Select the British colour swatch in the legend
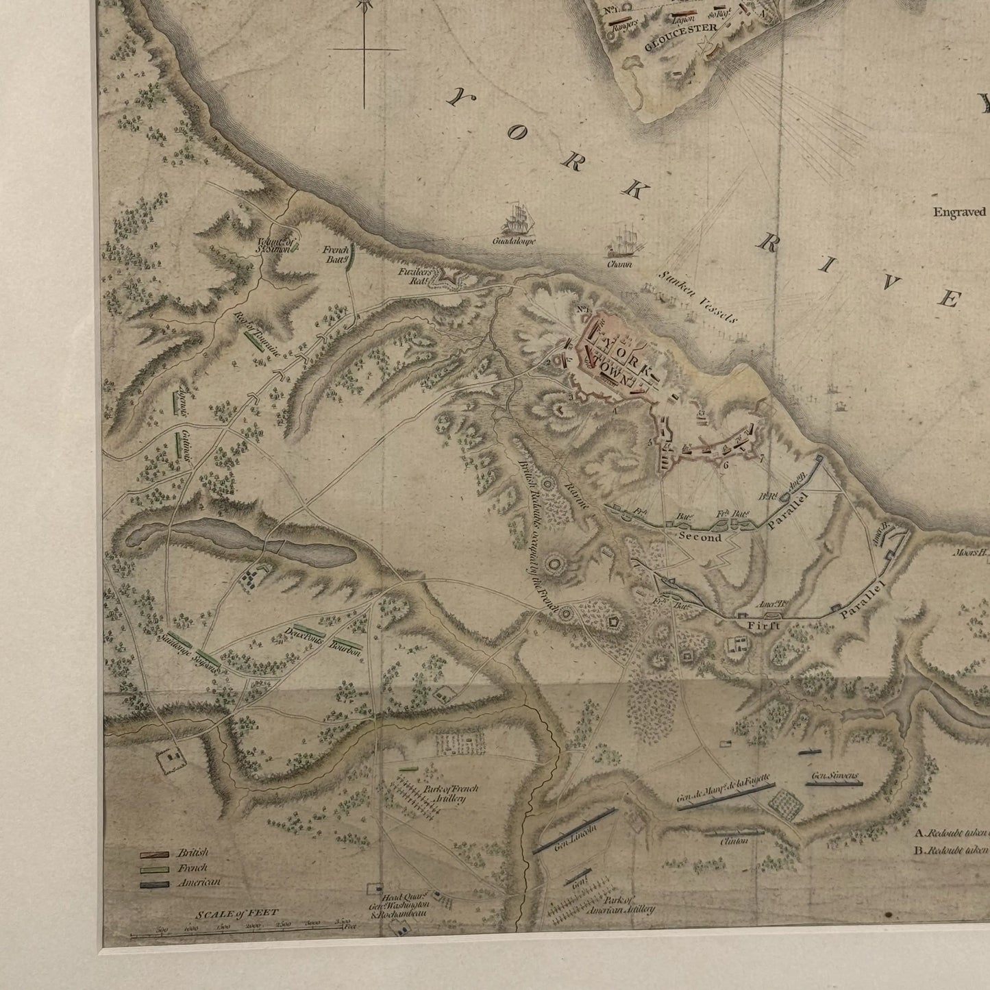tap(155, 854)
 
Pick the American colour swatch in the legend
tap(155, 884)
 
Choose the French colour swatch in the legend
tap(155, 869)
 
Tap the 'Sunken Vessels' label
tap(697, 297)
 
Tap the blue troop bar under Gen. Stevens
tap(833, 784)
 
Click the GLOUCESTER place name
tap(680, 28)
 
